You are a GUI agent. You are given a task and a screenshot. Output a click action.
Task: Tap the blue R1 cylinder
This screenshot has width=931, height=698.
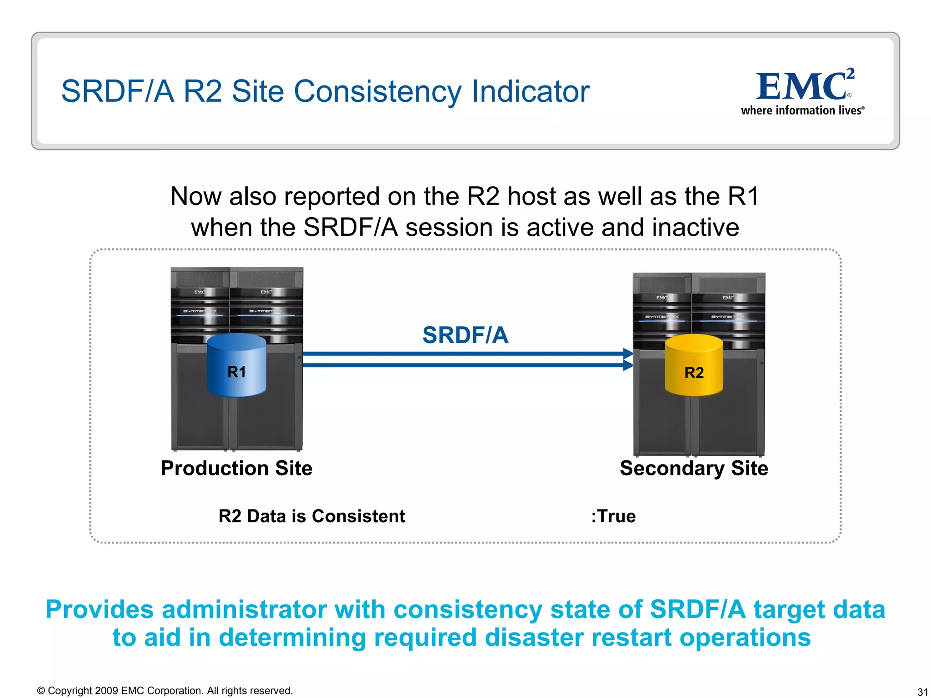point(236,365)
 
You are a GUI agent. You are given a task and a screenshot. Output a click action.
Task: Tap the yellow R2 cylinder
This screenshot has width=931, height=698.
point(694,365)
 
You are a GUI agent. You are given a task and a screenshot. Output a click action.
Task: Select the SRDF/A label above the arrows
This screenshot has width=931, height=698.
point(465,335)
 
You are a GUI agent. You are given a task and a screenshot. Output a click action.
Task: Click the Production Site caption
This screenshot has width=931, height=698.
point(236,468)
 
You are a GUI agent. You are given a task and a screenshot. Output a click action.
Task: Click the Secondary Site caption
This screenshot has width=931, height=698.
point(694,468)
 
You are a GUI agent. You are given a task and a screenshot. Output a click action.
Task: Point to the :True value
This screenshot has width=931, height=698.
point(613,516)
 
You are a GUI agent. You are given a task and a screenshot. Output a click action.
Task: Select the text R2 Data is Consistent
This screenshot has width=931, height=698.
point(312,516)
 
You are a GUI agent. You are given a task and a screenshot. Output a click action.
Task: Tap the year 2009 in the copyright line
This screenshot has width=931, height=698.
point(107,691)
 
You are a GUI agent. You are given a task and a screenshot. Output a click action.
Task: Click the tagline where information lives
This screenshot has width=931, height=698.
point(802,110)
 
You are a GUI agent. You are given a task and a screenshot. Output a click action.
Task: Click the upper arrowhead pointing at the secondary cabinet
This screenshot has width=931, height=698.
point(628,354)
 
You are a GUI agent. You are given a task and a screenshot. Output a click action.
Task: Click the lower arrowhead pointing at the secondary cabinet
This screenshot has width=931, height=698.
point(628,365)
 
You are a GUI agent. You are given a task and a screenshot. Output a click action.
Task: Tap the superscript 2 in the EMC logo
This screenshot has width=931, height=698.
point(850,73)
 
